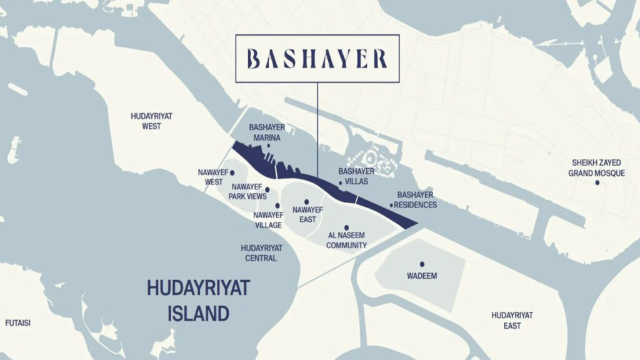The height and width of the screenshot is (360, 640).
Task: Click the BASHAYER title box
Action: point(317,59)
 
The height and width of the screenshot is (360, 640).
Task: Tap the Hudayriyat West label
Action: point(151,121)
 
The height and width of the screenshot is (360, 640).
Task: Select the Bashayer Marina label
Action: point(267,132)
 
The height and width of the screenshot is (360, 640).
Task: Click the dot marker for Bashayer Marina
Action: point(268,146)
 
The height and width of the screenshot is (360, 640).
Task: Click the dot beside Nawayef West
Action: point(232,172)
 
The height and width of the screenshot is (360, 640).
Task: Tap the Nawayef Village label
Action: point(267,220)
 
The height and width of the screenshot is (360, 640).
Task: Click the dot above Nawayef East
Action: point(307,202)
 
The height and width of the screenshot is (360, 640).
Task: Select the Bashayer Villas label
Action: point(356,176)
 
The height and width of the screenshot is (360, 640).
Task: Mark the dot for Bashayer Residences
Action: point(392,205)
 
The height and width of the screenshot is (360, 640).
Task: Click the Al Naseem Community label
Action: point(346,241)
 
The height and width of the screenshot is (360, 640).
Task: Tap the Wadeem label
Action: point(422,276)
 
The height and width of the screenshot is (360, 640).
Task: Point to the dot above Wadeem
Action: point(422,264)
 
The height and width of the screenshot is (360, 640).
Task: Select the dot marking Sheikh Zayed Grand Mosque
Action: point(597,182)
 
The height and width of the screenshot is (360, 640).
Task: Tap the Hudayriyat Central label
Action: point(261,252)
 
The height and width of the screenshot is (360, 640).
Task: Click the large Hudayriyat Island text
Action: point(198,300)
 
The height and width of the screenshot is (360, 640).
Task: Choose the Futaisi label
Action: point(18,323)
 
